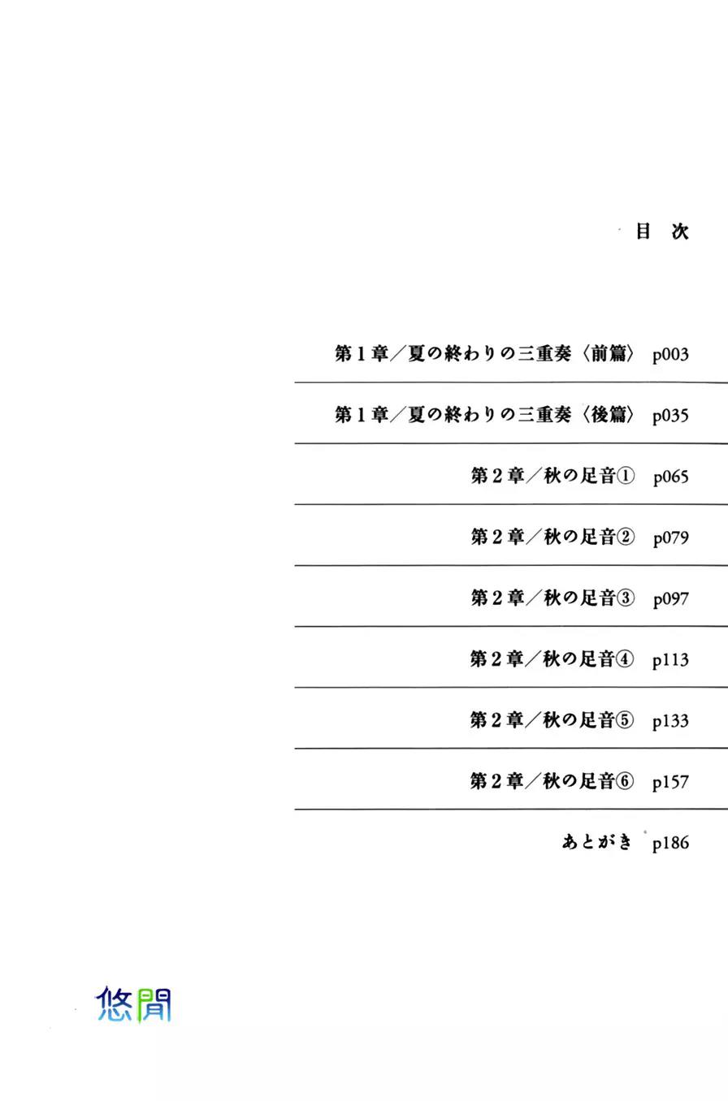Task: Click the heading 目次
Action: (x=662, y=231)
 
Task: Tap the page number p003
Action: (x=670, y=355)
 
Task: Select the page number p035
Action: (x=670, y=416)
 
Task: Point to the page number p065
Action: (x=671, y=477)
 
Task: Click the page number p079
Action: (x=671, y=538)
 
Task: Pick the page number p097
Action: (x=671, y=599)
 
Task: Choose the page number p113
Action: (x=670, y=660)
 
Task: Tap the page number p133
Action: (x=670, y=721)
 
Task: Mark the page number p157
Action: (x=670, y=782)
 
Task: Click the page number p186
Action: (x=670, y=843)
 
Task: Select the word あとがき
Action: (x=596, y=842)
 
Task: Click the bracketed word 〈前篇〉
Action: (x=608, y=353)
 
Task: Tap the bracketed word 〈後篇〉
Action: (x=608, y=414)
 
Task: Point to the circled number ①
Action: (x=626, y=476)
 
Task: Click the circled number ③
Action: (x=626, y=598)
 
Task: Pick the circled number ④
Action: (x=625, y=659)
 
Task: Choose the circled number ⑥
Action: (x=625, y=781)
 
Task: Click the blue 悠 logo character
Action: (x=114, y=1004)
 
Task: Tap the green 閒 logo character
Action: (x=154, y=1006)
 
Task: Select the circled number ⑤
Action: (x=625, y=720)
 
